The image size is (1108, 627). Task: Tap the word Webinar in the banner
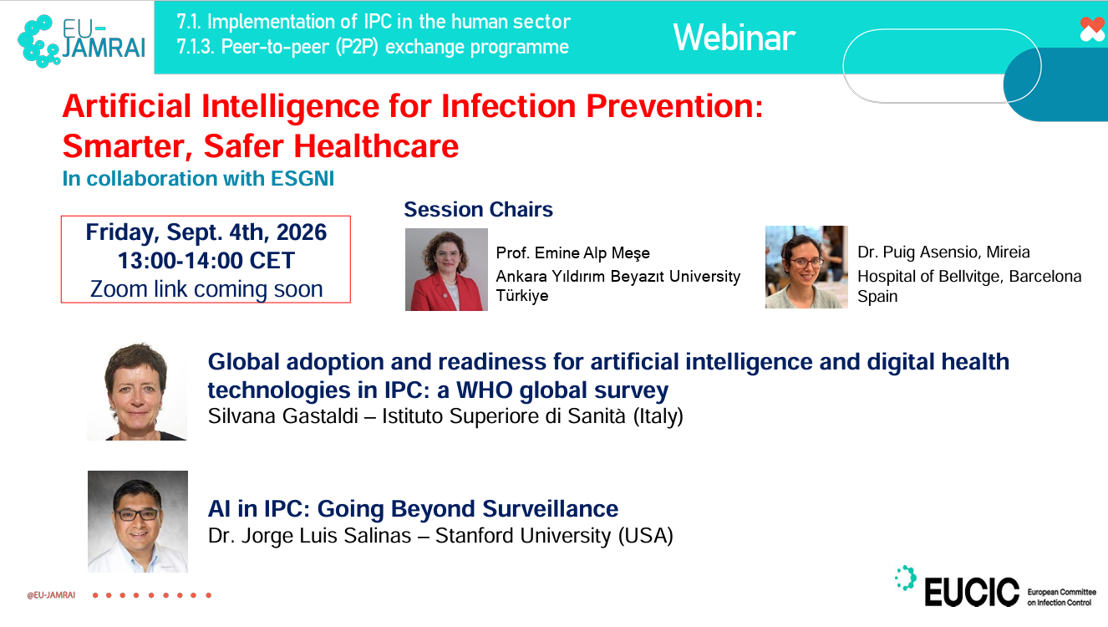(734, 38)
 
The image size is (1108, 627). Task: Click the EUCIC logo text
(972, 592)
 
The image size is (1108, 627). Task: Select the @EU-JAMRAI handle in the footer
(51, 595)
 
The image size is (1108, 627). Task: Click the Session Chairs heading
(478, 209)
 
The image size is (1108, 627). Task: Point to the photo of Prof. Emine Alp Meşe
(446, 269)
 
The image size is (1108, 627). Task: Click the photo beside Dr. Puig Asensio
(806, 268)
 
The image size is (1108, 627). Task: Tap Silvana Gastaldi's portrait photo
(137, 391)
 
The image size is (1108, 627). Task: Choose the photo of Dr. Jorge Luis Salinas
(138, 522)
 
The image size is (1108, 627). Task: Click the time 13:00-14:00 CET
(206, 261)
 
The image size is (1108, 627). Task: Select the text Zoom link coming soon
(206, 289)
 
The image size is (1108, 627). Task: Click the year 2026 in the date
(302, 232)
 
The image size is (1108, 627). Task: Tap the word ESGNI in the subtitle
(302, 179)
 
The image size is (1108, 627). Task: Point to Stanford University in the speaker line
(523, 535)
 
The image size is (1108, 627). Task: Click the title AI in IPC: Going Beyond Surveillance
(413, 509)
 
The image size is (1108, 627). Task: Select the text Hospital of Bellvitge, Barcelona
(969, 276)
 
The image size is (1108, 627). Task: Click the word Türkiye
(522, 295)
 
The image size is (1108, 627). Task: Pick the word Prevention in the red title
(674, 106)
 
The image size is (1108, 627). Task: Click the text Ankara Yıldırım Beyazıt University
(618, 276)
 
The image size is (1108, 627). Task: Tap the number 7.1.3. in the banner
(196, 47)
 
